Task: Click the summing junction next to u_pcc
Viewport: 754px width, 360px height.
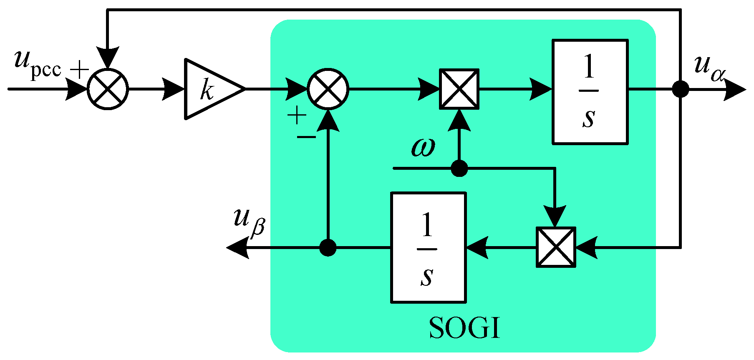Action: [x=108, y=89]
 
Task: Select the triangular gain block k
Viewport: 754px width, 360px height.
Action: [x=211, y=89]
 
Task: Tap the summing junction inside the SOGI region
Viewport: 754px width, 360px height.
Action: [x=328, y=89]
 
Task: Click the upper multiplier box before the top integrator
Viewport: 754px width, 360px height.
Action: [x=459, y=89]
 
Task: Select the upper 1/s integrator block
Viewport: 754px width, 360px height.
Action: [x=590, y=92]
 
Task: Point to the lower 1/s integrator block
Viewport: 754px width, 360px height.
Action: [x=428, y=248]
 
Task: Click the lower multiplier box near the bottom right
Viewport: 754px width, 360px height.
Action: [x=556, y=247]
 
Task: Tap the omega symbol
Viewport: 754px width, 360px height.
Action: [x=423, y=147]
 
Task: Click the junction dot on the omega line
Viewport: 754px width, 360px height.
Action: [x=459, y=169]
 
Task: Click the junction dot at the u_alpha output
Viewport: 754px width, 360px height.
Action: [x=681, y=89]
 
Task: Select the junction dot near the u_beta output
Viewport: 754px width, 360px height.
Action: [x=328, y=248]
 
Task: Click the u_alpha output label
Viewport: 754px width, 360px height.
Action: [x=709, y=68]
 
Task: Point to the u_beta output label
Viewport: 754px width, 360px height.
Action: [x=249, y=221]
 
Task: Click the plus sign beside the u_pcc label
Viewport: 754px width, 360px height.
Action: [x=79, y=69]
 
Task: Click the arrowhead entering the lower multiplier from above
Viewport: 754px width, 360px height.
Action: [x=555, y=216]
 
